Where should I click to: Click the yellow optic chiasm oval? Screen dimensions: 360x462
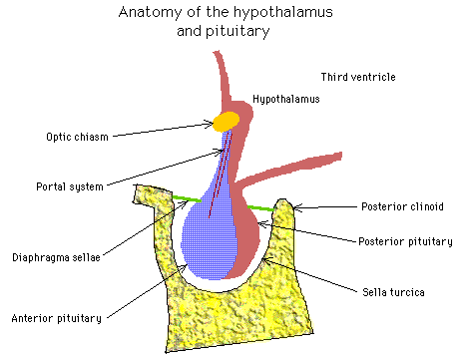pos(227,121)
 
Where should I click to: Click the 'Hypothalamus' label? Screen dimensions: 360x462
pos(285,100)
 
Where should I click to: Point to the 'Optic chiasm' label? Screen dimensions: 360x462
pos(77,137)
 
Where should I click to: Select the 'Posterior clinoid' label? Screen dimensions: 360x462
pos(401,207)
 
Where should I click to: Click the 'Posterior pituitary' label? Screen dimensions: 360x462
pos(405,241)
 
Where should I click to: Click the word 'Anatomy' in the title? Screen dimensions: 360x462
pos(150,14)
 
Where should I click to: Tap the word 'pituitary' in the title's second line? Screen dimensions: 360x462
pos(248,32)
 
